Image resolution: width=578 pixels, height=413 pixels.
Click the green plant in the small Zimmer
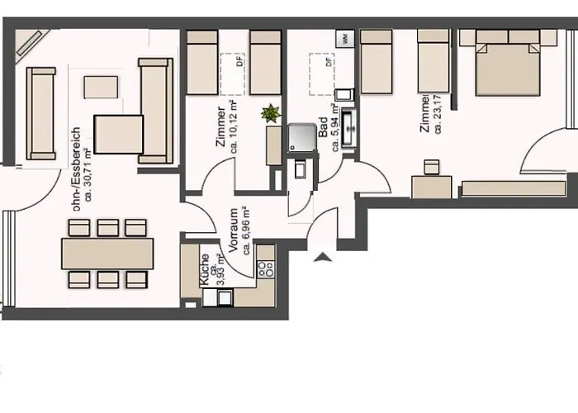268,115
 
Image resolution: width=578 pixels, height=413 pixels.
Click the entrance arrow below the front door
323,257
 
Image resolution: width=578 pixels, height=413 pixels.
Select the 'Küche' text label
205,270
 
